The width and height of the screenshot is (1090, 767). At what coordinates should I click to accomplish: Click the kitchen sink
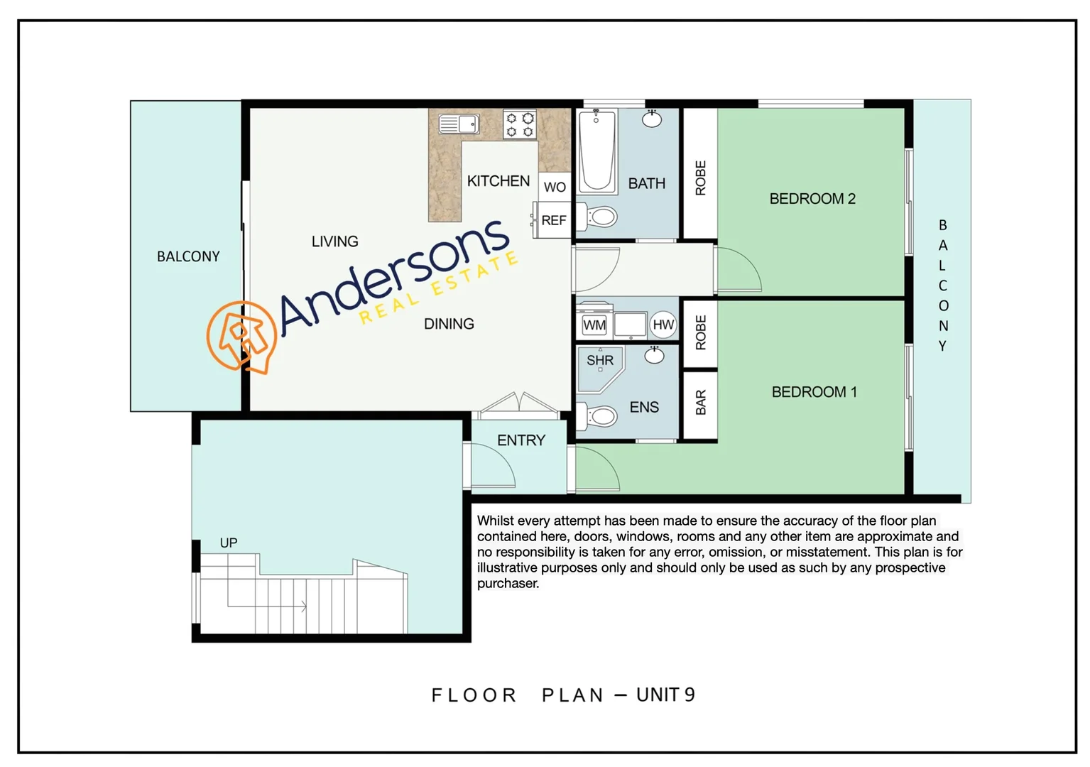(458, 124)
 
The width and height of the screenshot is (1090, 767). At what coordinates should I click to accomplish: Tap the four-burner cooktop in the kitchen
(519, 124)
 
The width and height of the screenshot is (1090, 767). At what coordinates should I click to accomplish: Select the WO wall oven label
(555, 187)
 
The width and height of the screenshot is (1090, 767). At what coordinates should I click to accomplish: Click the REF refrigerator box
(553, 220)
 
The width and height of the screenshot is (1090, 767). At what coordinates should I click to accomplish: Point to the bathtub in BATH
(596, 151)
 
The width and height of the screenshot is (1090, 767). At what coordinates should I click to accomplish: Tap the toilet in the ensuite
(599, 415)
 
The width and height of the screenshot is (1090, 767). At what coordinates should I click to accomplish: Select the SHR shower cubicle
(600, 366)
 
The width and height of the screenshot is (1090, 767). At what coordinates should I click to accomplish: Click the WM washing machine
(594, 325)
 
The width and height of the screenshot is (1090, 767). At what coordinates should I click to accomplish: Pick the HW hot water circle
(663, 325)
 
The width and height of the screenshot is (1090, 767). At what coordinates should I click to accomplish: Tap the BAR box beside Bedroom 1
(700, 403)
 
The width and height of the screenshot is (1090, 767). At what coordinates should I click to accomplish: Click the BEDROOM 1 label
(814, 392)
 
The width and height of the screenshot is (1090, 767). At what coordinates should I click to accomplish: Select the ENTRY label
(521, 440)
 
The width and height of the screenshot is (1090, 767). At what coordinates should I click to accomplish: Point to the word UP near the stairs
(228, 543)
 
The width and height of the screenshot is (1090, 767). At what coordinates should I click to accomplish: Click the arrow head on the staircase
(304, 606)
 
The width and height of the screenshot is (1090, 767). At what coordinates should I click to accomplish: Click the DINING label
(449, 324)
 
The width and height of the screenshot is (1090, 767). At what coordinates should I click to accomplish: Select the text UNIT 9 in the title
(665, 695)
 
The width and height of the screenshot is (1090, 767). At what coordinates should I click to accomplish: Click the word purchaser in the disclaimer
(508, 584)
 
